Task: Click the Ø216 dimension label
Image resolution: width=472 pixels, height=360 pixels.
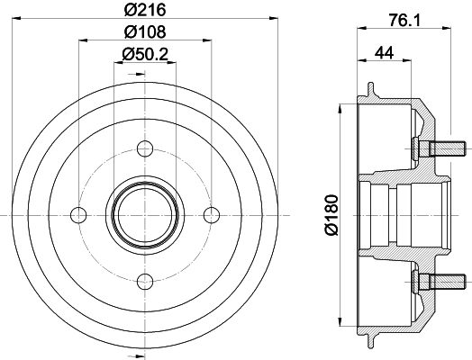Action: click(x=145, y=10)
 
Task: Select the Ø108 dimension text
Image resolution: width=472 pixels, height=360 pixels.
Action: click(x=145, y=31)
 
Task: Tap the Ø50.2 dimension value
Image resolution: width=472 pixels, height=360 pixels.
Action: click(x=145, y=53)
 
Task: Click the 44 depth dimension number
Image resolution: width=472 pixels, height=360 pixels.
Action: click(x=384, y=53)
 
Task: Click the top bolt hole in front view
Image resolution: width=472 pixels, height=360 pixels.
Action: click(x=145, y=149)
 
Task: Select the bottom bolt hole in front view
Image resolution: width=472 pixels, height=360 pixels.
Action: click(x=145, y=280)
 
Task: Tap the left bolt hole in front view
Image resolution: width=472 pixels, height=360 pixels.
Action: click(x=79, y=214)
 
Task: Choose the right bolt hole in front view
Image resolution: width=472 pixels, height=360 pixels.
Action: click(x=211, y=214)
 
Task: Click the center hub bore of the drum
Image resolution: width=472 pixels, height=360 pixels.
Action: click(x=145, y=214)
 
